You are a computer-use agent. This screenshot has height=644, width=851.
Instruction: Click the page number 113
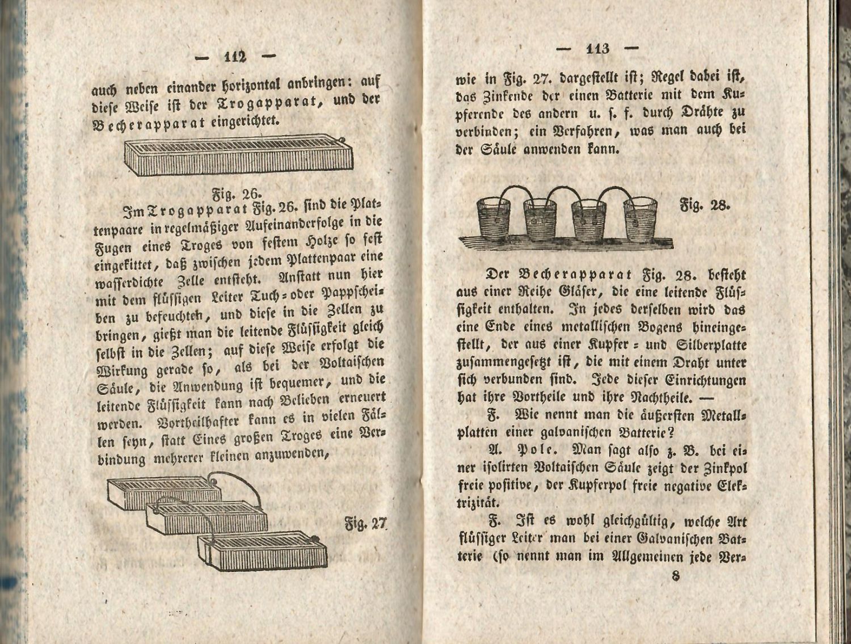click(597, 49)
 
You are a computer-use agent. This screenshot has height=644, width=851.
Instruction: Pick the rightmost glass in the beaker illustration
click(641, 218)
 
